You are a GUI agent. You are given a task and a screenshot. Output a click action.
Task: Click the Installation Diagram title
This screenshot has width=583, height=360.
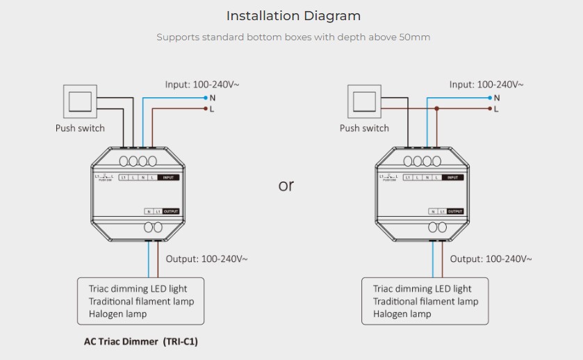tap(293, 15)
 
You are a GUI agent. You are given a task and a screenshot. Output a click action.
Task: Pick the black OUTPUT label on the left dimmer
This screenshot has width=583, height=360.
tap(171, 211)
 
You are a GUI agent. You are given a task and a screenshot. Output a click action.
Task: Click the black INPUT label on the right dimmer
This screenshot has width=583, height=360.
tap(452, 178)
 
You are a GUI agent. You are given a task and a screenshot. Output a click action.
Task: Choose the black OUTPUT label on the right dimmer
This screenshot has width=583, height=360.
tap(455, 211)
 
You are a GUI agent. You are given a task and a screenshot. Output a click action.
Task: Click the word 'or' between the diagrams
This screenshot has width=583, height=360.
tap(286, 186)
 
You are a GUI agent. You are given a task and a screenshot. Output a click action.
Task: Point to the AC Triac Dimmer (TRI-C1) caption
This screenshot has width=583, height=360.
tap(136, 341)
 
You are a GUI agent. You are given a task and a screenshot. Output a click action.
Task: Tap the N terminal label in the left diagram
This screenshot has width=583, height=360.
tap(213, 98)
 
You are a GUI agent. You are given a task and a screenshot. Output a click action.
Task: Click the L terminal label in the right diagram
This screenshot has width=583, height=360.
tap(497, 109)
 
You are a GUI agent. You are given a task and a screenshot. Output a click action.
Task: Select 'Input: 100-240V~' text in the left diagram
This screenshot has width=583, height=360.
tap(202, 85)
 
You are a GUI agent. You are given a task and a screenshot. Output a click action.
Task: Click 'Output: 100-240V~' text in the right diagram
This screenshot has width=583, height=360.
tap(491, 259)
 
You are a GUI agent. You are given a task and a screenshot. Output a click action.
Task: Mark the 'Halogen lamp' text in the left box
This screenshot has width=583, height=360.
tap(117, 313)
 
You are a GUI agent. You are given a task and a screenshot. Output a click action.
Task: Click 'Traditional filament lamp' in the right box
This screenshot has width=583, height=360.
tap(425, 301)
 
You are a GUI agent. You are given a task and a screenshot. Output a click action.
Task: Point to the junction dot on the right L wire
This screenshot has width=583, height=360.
tap(436, 109)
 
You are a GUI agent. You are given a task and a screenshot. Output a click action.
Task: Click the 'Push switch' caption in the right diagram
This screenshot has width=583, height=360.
tap(364, 128)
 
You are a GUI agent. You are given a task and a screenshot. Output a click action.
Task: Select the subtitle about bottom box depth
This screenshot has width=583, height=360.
tap(293, 38)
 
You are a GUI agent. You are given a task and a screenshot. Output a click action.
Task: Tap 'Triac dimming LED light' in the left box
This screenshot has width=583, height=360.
tap(138, 288)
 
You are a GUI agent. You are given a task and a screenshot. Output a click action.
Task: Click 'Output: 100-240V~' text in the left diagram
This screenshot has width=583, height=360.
tap(207, 259)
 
